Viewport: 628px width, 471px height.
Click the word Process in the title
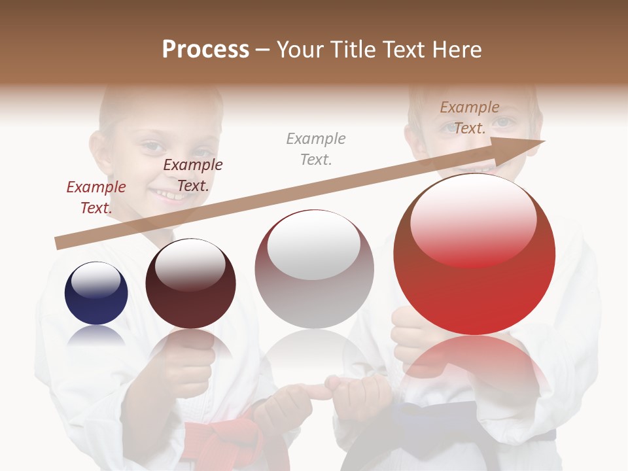(205, 50)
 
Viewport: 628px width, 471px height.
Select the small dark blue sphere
(96, 293)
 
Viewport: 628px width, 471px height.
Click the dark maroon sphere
(190, 283)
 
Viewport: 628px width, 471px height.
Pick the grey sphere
(314, 270)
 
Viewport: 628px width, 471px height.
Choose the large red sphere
(474, 254)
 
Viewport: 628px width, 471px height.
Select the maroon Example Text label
(193, 175)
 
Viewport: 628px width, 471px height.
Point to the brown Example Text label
(470, 118)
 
